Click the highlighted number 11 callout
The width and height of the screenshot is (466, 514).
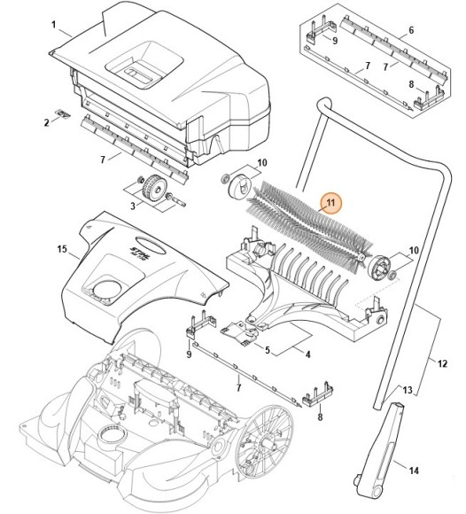pyautogui.click(x=331, y=203)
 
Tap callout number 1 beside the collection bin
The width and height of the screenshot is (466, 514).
pyautogui.click(x=54, y=25)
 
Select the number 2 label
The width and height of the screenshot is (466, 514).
pyautogui.click(x=47, y=123)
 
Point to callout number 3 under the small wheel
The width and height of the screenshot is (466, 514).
pyautogui.click(x=133, y=206)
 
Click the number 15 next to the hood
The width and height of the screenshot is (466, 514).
pyautogui.click(x=62, y=249)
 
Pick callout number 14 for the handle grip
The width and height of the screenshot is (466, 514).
pyautogui.click(x=414, y=471)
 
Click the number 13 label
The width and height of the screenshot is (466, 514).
pyautogui.click(x=408, y=391)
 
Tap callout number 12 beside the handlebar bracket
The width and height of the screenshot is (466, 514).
pyautogui.click(x=442, y=363)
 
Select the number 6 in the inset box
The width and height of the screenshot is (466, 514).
pyautogui.click(x=411, y=30)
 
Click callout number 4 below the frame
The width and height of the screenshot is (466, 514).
pyautogui.click(x=307, y=354)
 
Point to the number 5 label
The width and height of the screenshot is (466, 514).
pyautogui.click(x=268, y=350)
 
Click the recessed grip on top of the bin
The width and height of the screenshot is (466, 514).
pyautogui.click(x=144, y=65)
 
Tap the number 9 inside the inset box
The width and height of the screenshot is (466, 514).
pyautogui.click(x=335, y=41)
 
